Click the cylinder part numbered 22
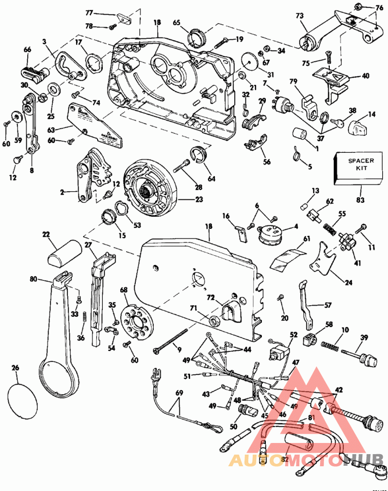click(x=63, y=252)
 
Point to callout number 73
click(x=299, y=16)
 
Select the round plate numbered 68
click(x=134, y=322)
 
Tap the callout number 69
click(x=179, y=392)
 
